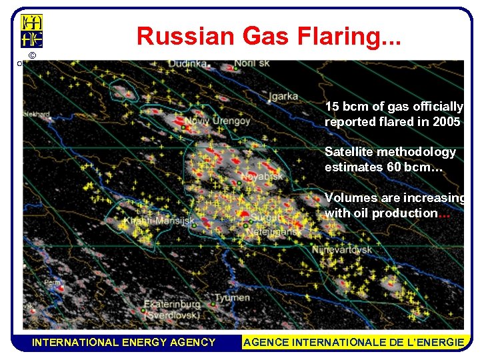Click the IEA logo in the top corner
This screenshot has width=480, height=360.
tap(32, 31)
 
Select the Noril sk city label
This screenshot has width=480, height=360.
tap(254, 64)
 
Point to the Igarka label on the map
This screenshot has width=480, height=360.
tap(283, 95)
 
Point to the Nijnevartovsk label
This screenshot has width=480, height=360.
tap(342, 250)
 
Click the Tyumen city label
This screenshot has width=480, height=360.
tap(233, 297)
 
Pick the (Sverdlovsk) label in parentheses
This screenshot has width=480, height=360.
tap(170, 314)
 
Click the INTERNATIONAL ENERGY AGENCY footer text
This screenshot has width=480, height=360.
tap(124, 342)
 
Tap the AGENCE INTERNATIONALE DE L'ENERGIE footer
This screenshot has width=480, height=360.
tap(354, 342)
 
